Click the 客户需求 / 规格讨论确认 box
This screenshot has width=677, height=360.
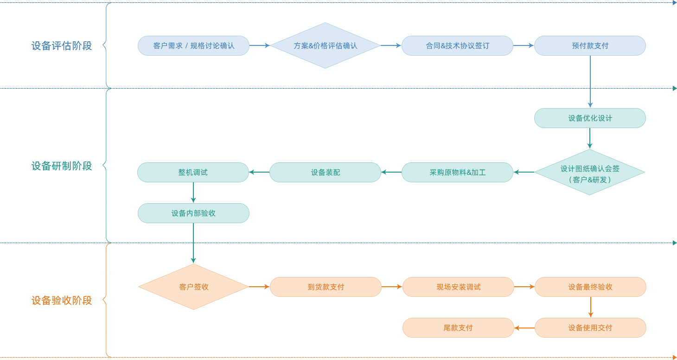[193, 46]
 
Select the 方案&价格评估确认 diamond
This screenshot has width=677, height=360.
[325, 45]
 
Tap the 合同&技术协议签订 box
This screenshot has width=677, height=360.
[457, 46]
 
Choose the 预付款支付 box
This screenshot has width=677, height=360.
[590, 46]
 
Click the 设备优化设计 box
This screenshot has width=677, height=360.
[590, 118]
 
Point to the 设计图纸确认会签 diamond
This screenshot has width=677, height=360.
[590, 173]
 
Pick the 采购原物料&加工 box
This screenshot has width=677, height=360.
[457, 173]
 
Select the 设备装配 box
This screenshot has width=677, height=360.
[325, 173]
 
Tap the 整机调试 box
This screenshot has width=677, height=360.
[193, 173]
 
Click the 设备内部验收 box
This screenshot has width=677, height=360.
[193, 213]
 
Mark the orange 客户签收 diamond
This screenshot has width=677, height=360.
[193, 287]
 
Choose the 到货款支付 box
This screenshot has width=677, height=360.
[326, 287]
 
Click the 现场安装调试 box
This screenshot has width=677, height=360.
[458, 287]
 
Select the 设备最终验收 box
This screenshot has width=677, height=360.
[590, 287]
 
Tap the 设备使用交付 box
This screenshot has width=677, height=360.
[590, 328]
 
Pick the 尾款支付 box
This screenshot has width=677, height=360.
[458, 328]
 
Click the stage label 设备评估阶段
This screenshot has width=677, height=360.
[62, 46]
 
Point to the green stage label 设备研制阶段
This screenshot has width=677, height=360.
[62, 166]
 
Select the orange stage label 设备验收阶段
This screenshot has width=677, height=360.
[62, 301]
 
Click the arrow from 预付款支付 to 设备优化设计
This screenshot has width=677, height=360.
[590, 82]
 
